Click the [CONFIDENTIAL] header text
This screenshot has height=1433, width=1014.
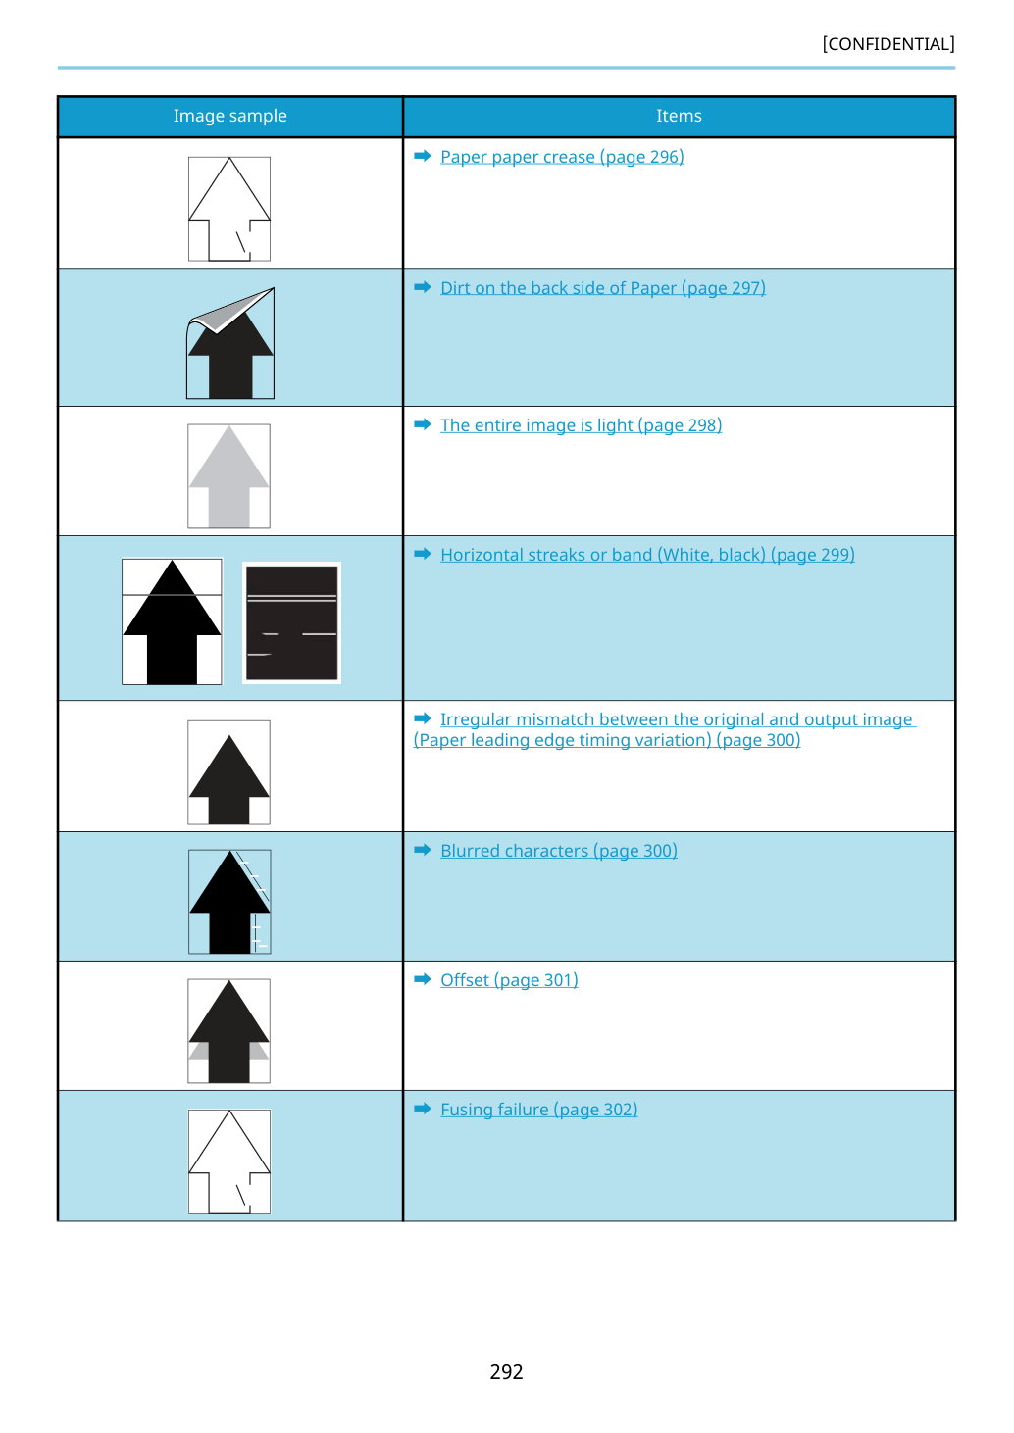(x=887, y=44)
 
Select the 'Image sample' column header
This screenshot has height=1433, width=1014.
(x=229, y=116)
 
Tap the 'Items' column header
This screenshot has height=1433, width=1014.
(x=679, y=116)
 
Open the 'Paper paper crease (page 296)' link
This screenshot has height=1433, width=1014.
(x=562, y=157)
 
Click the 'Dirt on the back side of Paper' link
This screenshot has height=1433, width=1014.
(x=603, y=288)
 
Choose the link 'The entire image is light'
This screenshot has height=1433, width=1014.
(x=581, y=425)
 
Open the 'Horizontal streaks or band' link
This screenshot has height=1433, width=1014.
(x=647, y=555)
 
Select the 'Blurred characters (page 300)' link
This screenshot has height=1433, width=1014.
(x=559, y=851)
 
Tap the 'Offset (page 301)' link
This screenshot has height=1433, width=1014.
(x=509, y=980)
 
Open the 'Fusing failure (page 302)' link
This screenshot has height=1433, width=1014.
(x=539, y=1110)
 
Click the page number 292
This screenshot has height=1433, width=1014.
(x=506, y=1371)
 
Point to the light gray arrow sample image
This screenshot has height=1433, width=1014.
(x=228, y=476)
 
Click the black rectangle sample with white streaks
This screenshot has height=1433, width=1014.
(x=291, y=622)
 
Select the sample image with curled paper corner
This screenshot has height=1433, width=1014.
(x=230, y=343)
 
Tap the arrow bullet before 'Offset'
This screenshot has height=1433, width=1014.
(x=423, y=979)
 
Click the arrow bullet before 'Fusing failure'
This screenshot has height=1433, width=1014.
(x=423, y=1109)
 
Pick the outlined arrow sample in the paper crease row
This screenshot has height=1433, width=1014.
(x=229, y=209)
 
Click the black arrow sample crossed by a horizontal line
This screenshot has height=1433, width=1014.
(x=172, y=621)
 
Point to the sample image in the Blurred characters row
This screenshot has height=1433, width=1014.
(x=229, y=902)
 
